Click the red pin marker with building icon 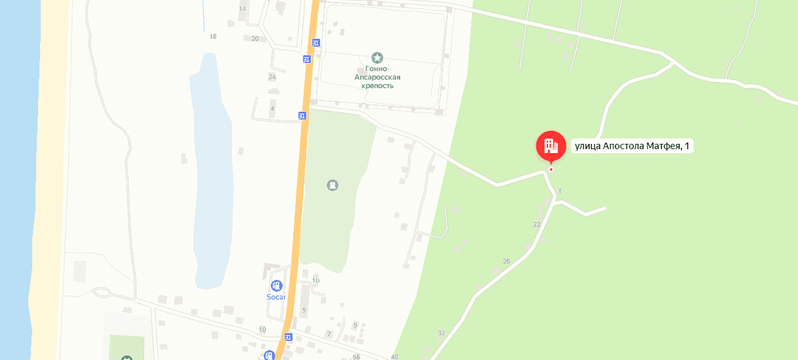pos(550,146)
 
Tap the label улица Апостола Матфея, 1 pos(632,146)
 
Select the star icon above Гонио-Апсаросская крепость pos(377,58)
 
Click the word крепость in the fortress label pos(377,85)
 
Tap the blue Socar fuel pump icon pos(277,286)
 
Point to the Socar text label pos(277,297)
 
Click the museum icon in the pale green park pos(333,185)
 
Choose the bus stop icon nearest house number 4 pos(302,116)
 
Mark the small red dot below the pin pos(551,169)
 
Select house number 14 pos(243,9)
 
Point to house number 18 pos(212,37)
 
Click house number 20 pos(255,39)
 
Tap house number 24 pos(272,77)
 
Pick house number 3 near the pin pos(559,191)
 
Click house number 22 pos(536,225)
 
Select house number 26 pos(506,261)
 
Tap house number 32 pos(441,333)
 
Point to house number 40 pos(394,357)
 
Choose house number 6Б pos(356,357)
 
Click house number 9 pos(355,325)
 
